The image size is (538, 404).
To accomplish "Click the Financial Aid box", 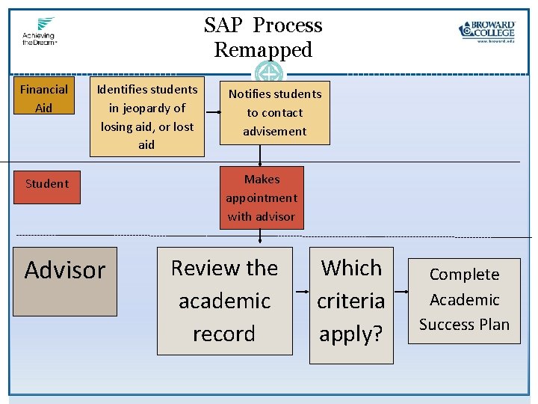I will click(x=44, y=98).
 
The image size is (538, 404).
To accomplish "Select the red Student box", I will click(x=47, y=184).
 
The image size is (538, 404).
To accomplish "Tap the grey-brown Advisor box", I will click(x=66, y=281).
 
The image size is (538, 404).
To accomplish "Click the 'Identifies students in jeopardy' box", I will click(x=146, y=117).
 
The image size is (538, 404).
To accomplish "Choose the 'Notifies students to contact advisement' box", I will click(x=275, y=113).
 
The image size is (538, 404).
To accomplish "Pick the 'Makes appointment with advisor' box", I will click(x=262, y=198).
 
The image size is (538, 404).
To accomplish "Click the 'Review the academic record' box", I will click(x=224, y=301).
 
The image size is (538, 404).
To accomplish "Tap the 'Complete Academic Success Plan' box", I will click(x=464, y=300).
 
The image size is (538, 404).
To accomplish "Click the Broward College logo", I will click(x=487, y=31).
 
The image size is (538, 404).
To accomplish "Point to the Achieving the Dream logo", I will click(x=40, y=31).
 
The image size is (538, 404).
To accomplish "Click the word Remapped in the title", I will click(x=263, y=50).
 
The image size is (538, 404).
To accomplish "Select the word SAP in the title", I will click(x=224, y=25).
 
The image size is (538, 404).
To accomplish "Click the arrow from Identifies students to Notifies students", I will click(x=212, y=111).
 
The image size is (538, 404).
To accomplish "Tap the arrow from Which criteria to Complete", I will click(x=400, y=290).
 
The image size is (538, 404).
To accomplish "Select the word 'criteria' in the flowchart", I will click(x=351, y=301).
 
